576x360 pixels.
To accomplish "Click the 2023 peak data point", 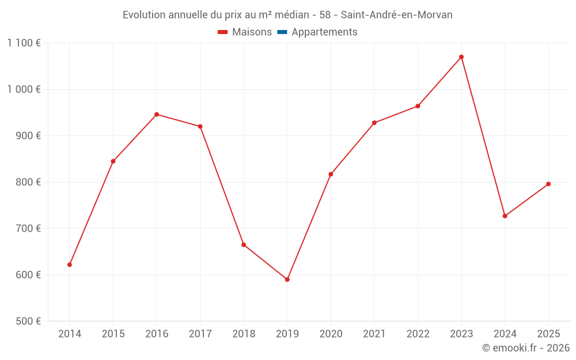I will click(461, 57).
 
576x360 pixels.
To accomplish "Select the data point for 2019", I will click(287, 279).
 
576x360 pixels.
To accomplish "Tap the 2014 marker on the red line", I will click(70, 264).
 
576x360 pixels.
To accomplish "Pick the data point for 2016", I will click(157, 114).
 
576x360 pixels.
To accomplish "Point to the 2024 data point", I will click(505, 216).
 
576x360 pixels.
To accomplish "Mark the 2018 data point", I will click(244, 245).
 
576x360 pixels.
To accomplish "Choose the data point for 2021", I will click(374, 123).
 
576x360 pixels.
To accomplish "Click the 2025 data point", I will click(548, 184).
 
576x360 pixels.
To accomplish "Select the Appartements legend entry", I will click(324, 32).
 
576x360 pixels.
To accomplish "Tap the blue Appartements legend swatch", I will click(282, 32).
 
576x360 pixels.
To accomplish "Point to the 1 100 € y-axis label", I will click(24, 43).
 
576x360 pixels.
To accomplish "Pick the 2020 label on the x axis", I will click(331, 334).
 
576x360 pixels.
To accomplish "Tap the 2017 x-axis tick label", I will click(200, 334).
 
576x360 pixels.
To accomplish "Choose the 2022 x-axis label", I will click(418, 334).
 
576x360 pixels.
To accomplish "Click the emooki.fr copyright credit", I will click(526, 348).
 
